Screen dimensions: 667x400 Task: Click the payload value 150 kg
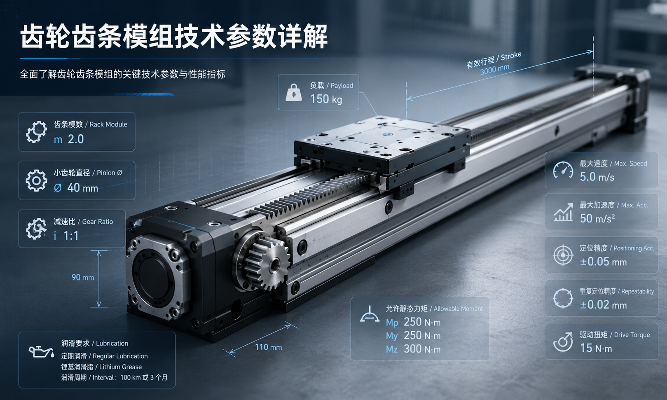point(326,99)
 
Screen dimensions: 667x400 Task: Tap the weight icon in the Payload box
point(294,93)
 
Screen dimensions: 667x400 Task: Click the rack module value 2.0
point(76,139)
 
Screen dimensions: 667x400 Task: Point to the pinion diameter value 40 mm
point(82,188)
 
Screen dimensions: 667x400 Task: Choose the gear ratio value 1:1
point(71,236)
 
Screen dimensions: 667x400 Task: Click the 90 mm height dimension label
point(82,278)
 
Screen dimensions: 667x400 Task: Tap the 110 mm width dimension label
point(268,347)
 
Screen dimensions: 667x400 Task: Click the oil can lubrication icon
point(41,351)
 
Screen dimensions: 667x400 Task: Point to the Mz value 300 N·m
point(422,349)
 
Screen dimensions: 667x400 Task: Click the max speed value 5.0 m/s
point(597,177)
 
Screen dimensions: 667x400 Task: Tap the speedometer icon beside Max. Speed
point(563,170)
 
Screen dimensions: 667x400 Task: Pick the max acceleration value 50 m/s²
point(597,218)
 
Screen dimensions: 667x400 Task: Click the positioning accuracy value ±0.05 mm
point(603,262)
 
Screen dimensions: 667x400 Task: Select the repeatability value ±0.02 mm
point(603,305)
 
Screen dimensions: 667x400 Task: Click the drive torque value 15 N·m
point(596,348)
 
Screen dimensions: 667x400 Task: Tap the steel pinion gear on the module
point(267,264)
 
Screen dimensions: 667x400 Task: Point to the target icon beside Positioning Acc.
point(563,255)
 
